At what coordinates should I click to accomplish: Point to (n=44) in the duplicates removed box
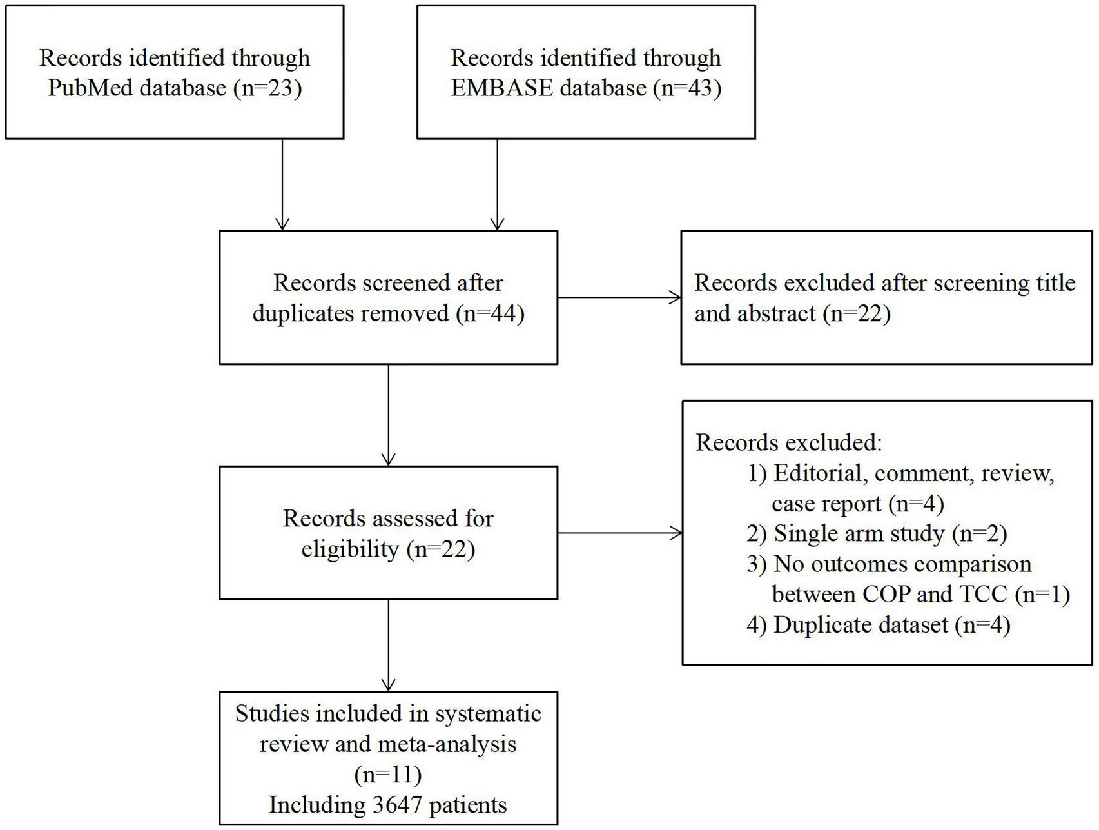tap(490, 313)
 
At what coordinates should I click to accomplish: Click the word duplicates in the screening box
tap(303, 313)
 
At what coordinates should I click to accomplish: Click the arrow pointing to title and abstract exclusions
tap(619, 298)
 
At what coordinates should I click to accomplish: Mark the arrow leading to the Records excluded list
tap(619, 533)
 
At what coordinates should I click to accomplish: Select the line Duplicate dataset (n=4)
tap(878, 625)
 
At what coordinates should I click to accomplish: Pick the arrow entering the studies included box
tap(389, 646)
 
